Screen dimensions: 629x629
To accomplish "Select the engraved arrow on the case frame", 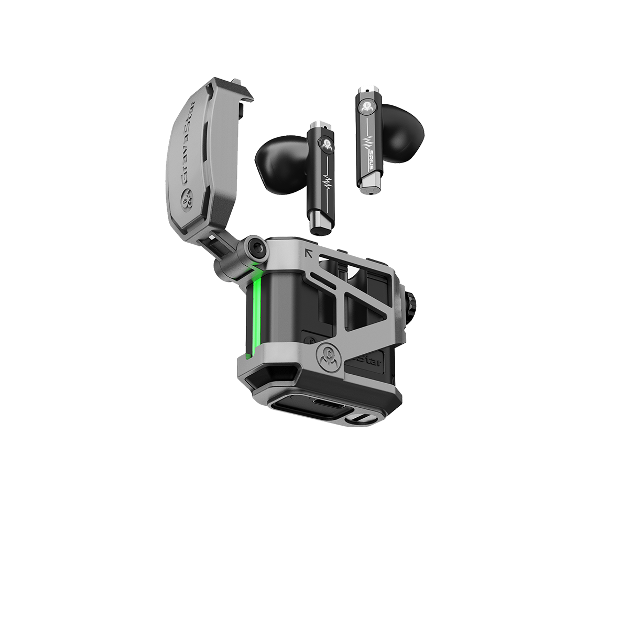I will (x=309, y=254).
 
